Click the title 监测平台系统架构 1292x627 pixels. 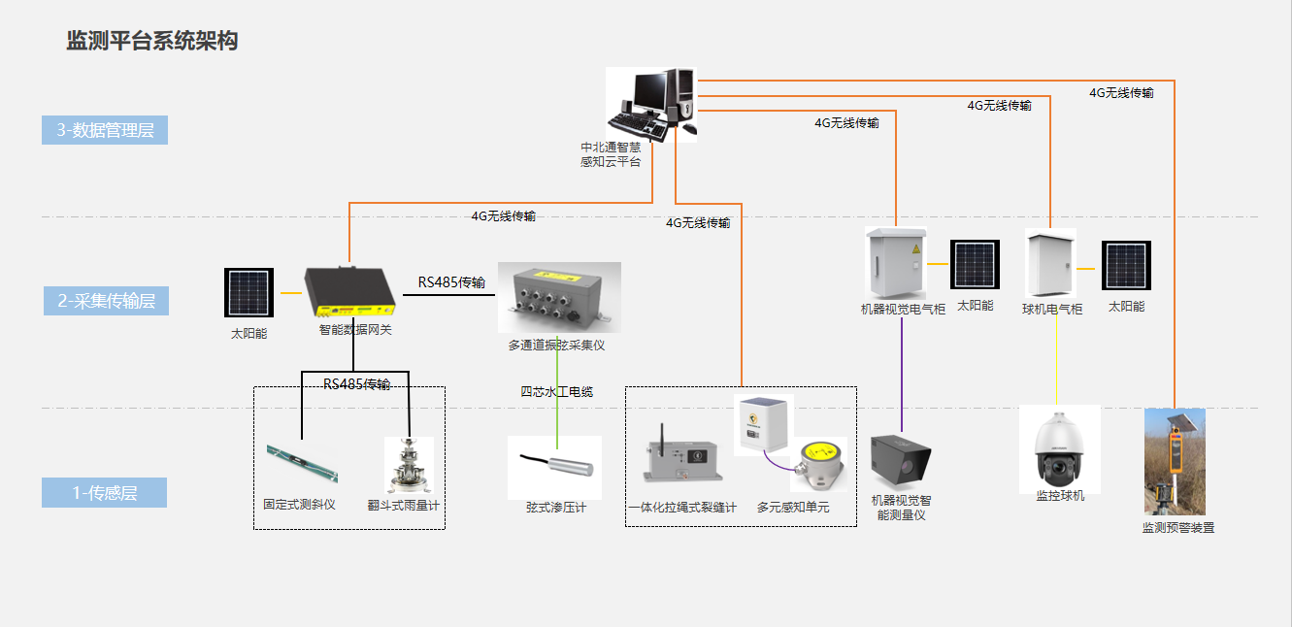(151, 41)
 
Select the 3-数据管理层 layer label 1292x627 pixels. (105, 130)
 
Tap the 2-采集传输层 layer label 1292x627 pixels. (106, 301)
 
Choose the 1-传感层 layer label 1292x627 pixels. (105, 493)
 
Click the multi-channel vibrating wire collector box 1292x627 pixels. (558, 297)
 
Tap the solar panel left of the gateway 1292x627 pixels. (249, 292)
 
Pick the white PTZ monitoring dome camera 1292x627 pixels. (1059, 448)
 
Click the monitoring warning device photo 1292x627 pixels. (1175, 461)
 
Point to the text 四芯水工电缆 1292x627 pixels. (556, 392)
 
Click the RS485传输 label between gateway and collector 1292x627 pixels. (451, 282)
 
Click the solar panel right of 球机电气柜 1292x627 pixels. (1126, 265)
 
